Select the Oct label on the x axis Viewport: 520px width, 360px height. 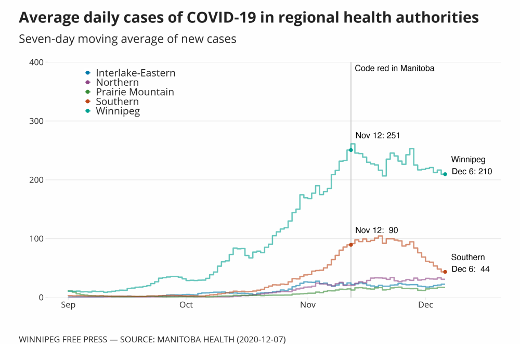(186, 305)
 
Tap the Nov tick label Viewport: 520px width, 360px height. (308, 305)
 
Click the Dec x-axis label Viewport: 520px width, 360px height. (426, 305)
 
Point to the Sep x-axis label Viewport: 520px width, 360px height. (68, 305)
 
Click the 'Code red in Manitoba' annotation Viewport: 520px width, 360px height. (394, 68)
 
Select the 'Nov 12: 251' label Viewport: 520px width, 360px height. (378, 136)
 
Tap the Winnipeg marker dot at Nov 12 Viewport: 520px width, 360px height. (351, 150)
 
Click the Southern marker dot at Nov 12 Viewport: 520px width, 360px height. (351, 245)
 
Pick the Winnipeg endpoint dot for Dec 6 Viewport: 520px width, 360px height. (445, 174)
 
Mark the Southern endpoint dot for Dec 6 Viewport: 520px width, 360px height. (445, 272)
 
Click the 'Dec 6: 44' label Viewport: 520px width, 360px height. (471, 269)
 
